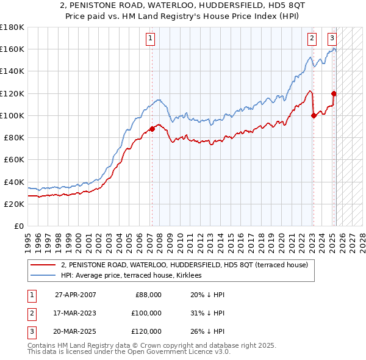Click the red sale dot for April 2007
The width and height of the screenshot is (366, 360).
coord(152,129)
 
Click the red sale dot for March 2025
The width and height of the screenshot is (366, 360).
coord(334,93)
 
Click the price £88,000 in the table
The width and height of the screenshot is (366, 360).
coord(148,295)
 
